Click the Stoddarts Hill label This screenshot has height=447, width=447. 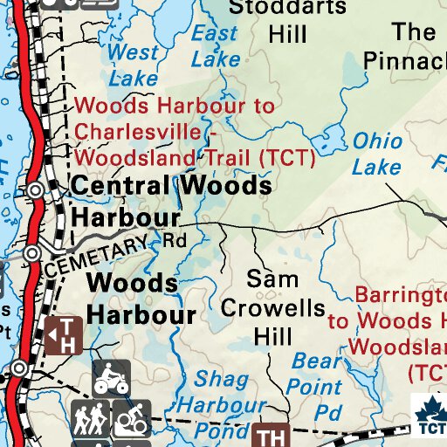pos(287,21)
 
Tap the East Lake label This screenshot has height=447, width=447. pos(215,46)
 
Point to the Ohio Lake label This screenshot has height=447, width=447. pos(378,154)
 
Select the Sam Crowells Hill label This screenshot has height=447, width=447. pos(272,307)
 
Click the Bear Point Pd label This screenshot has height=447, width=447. pos(317,385)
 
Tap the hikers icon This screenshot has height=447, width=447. pos(90,419)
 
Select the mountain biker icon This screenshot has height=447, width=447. pos(129,419)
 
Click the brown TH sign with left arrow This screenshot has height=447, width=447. pos(65,334)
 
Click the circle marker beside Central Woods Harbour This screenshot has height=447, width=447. pos(36,190)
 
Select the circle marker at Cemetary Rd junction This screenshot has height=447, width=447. pos(32,253)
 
